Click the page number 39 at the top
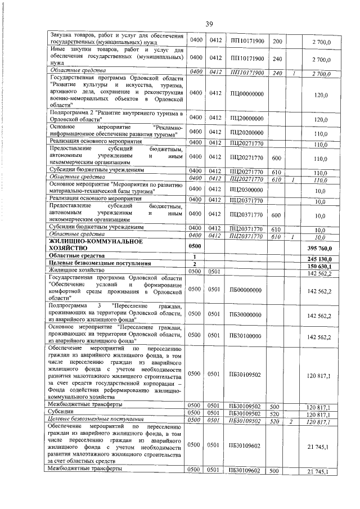(x=209, y=24)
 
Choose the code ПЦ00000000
(x=247, y=94)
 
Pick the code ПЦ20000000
(x=247, y=119)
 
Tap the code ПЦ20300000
(x=247, y=191)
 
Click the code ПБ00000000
(x=246, y=290)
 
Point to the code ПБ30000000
(x=246, y=316)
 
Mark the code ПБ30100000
(x=246, y=336)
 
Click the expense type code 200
(x=277, y=41)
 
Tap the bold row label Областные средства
(x=76, y=256)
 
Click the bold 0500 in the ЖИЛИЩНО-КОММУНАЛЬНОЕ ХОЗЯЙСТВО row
(x=194, y=246)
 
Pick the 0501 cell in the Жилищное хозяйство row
(x=213, y=273)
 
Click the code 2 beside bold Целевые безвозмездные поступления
(x=194, y=264)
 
